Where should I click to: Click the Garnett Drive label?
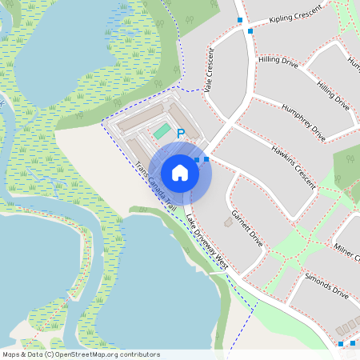coord(246,227)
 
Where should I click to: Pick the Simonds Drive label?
coord(327,286)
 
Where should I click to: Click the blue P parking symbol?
coord(180,134)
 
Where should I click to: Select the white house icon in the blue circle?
coord(180,172)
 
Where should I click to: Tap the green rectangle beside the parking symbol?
coord(162,130)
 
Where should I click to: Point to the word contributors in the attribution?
coord(139,354)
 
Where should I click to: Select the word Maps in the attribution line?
coord(11,354)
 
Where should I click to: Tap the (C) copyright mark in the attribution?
coord(49,354)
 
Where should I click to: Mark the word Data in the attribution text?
coord(34,354)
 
